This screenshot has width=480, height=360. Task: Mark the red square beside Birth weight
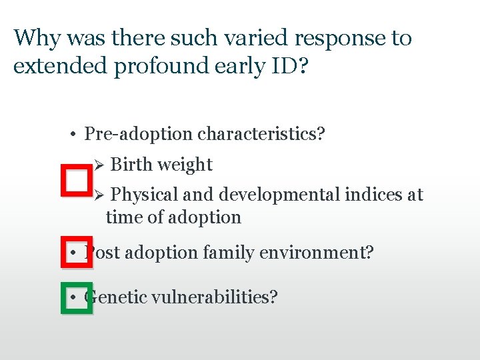click(x=76, y=180)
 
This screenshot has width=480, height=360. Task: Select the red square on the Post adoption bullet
click(x=77, y=252)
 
